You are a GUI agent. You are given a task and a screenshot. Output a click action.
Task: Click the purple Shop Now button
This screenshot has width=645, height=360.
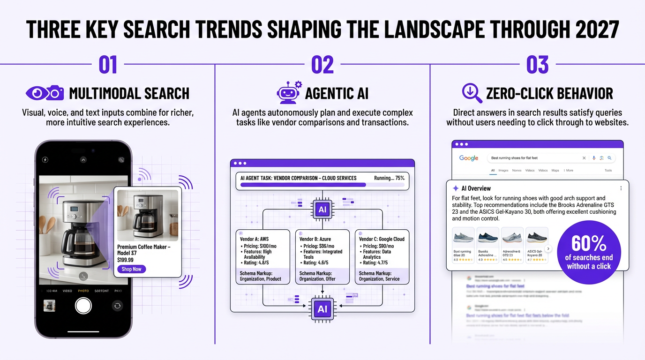(x=131, y=269)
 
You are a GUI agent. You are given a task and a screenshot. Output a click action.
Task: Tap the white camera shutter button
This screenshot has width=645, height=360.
(x=83, y=306)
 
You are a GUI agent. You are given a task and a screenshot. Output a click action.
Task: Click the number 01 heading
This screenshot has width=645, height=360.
(x=108, y=65)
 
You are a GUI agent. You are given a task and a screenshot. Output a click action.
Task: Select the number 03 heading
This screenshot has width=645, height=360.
(x=537, y=65)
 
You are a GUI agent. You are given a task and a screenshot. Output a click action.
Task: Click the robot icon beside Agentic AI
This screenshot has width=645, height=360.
(x=288, y=93)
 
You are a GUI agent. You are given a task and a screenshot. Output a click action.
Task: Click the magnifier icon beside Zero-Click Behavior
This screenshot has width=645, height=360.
(x=472, y=93)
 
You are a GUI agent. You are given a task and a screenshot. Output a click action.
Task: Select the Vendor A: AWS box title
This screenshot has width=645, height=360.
(x=254, y=239)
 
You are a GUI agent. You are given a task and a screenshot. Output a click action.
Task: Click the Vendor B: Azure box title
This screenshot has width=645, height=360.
(x=315, y=239)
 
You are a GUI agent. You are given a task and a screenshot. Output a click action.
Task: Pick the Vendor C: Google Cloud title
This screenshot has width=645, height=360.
(x=382, y=239)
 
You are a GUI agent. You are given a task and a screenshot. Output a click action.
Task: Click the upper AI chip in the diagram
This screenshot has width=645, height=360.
(x=322, y=210)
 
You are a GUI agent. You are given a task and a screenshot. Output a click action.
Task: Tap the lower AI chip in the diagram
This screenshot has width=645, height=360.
(x=322, y=309)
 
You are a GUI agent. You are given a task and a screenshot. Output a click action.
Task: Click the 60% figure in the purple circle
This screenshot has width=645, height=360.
(x=589, y=243)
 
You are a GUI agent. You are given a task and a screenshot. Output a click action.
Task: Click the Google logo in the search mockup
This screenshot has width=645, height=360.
(x=469, y=158)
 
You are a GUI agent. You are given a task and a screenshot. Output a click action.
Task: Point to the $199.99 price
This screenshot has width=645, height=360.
(x=125, y=260)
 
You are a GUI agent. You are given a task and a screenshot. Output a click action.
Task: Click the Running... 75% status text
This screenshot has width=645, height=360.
(x=389, y=178)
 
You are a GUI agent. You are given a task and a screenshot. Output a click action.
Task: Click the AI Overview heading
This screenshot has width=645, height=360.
(x=476, y=188)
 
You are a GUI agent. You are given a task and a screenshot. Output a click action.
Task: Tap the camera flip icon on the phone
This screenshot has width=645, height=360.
(x=117, y=306)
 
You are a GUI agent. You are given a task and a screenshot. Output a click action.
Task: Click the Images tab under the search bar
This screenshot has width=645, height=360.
(x=503, y=171)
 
